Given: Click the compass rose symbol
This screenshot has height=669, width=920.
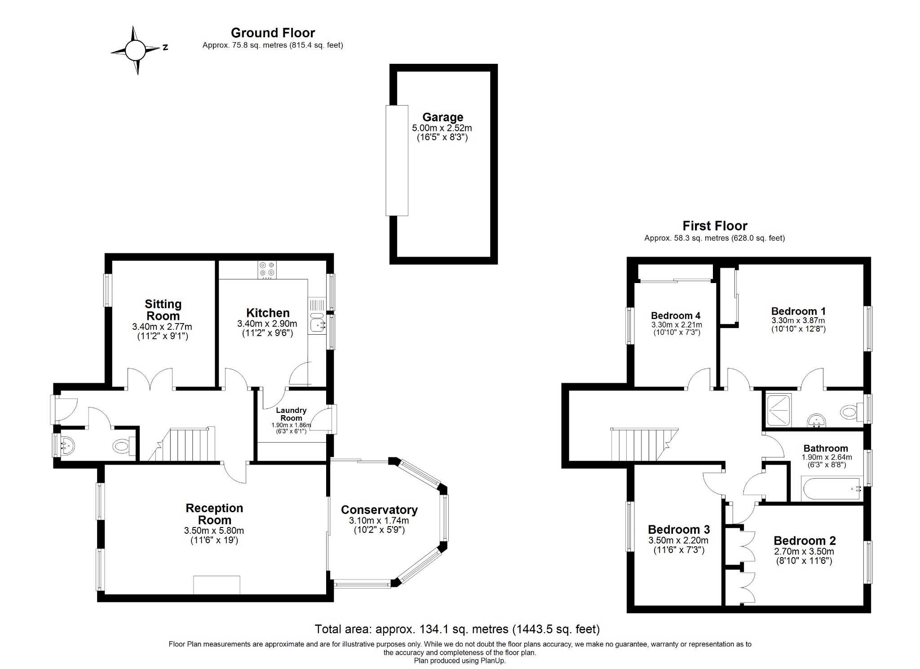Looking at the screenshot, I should (x=135, y=50).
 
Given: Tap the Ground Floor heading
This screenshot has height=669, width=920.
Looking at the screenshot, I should (x=273, y=33).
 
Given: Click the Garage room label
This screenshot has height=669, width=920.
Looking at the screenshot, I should (x=442, y=117).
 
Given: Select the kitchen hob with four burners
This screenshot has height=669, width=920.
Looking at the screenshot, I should (x=267, y=270).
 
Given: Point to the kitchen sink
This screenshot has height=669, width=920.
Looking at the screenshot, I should (x=318, y=323).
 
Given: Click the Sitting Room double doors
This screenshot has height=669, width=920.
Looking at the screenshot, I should (x=150, y=379).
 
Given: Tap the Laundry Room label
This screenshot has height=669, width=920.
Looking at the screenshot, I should (x=291, y=414).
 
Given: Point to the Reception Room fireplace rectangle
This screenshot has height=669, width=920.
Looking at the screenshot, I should (x=217, y=585).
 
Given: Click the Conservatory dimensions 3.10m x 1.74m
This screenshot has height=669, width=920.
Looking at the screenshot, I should (x=379, y=521).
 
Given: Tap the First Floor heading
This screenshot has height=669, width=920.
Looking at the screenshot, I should (x=715, y=226).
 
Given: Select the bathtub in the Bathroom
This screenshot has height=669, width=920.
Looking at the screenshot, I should (x=831, y=490).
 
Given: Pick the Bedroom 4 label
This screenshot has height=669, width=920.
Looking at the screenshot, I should (x=675, y=315).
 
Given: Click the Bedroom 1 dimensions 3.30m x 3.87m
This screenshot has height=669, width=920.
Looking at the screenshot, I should (x=798, y=321).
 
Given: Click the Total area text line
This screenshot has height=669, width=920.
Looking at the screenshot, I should (x=457, y=629).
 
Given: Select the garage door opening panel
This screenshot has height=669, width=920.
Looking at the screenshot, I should (x=397, y=160).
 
